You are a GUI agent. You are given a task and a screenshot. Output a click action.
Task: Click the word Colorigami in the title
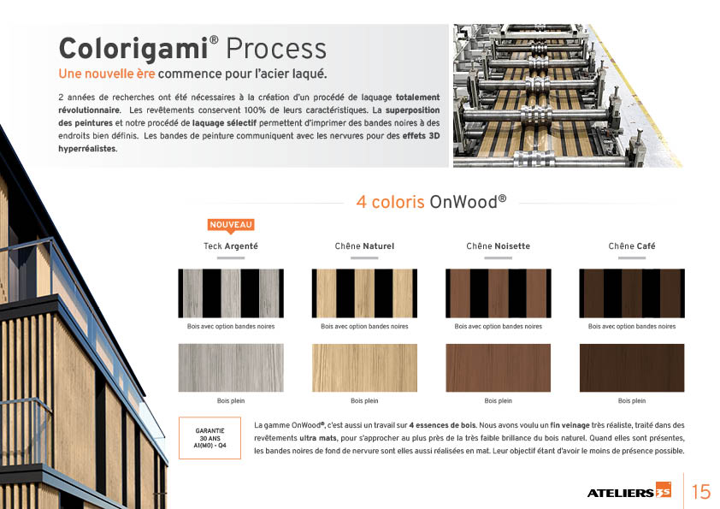click(x=133, y=49)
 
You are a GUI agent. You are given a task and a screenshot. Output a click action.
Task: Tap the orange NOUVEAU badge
click(x=231, y=225)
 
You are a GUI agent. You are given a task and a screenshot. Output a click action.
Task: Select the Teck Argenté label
click(x=231, y=246)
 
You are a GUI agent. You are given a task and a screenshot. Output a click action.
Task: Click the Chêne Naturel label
click(x=364, y=246)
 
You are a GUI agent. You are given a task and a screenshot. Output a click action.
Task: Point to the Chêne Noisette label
click(x=499, y=246)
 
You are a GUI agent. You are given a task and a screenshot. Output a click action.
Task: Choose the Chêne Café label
click(x=632, y=246)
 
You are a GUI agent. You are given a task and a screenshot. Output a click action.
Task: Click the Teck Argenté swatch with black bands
click(x=231, y=293)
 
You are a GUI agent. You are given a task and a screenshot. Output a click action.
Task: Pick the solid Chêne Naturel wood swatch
click(x=364, y=368)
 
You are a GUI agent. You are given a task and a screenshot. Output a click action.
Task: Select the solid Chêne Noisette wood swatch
click(x=499, y=368)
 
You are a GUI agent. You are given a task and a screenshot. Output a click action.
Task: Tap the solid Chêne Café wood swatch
click(x=632, y=368)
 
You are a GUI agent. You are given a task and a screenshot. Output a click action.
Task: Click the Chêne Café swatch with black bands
click(x=632, y=293)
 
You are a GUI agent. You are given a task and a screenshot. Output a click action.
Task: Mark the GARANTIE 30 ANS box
click(x=210, y=438)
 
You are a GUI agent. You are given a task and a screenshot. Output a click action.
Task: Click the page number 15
click(x=700, y=492)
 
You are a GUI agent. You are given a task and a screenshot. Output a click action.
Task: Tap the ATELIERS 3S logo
click(x=629, y=491)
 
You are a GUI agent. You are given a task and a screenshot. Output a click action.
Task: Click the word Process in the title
click(x=276, y=49)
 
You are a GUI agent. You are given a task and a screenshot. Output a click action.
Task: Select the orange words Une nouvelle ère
click(x=107, y=74)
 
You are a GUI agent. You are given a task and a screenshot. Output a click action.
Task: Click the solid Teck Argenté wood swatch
click(x=231, y=368)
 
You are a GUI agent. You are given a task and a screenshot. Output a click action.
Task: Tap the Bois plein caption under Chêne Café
click(x=632, y=401)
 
